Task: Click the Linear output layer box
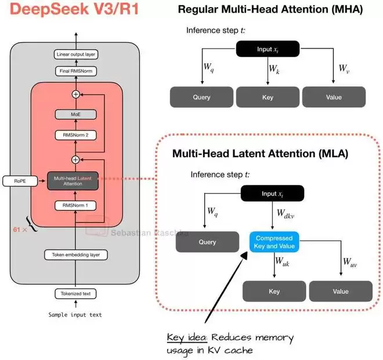point(76,54)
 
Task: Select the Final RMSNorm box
point(76,72)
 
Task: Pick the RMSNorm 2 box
point(75,135)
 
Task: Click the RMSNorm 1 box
point(75,205)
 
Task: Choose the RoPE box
point(17,181)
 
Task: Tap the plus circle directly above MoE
point(75,93)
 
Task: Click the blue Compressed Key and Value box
point(274,242)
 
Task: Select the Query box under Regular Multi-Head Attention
point(201,97)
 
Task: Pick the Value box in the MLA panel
point(341,291)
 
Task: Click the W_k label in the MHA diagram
point(274,69)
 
